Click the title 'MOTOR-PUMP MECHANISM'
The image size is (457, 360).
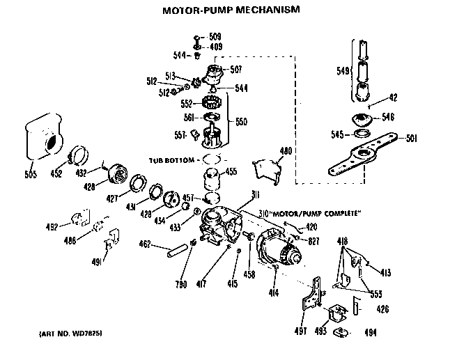[221, 10]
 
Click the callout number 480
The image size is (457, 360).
[286, 151]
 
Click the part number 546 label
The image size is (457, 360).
[388, 117]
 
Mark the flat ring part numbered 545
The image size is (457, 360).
[362, 133]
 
